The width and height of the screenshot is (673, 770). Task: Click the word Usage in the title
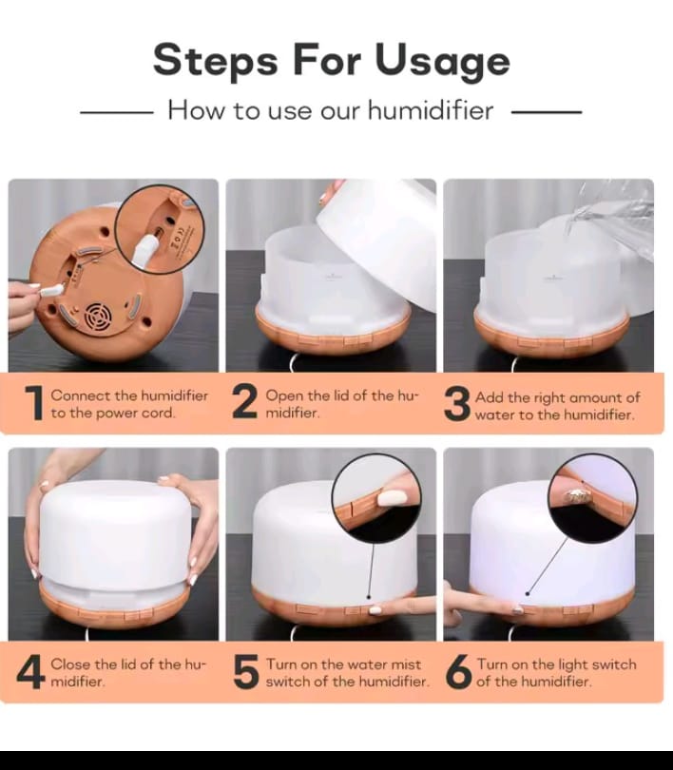(442, 61)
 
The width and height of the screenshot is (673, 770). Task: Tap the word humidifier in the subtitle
(431, 109)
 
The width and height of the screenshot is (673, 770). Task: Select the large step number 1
(35, 403)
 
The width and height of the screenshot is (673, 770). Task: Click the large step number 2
(244, 401)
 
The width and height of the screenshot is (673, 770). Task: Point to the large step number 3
(457, 404)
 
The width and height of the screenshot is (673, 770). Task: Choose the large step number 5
(246, 671)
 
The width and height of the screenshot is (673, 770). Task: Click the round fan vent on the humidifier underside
(98, 317)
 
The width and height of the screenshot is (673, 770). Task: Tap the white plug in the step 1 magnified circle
(144, 249)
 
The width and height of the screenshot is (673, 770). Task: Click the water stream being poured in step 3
(608, 219)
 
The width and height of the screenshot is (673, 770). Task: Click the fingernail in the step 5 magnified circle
(392, 499)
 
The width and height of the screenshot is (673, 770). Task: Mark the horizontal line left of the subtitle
(117, 112)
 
